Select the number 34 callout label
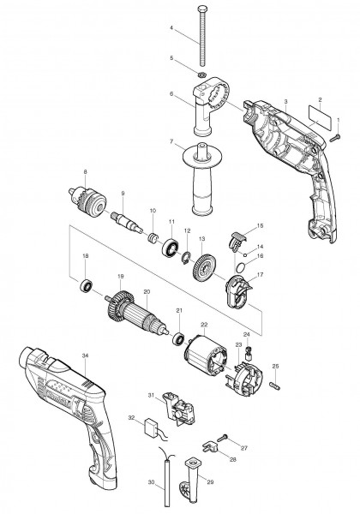84,355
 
